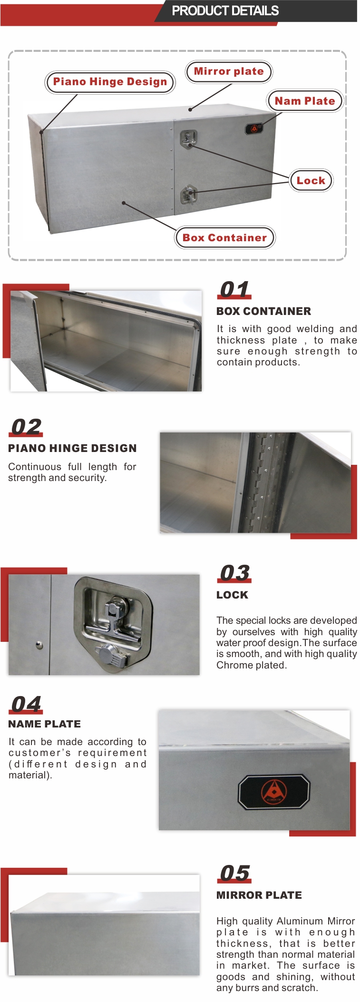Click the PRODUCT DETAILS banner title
pos(225,11)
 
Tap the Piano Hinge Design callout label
pos(110,82)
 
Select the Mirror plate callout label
pos(229,72)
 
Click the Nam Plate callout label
pos(305,101)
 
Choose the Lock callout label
pos(311,180)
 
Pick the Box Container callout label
pos(225,238)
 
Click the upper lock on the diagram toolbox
pos(188,139)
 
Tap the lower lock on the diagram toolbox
pos(188,195)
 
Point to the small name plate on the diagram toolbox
pos(254,128)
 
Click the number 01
pos(234,289)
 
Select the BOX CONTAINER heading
pos(263,311)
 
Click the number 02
pos(26,427)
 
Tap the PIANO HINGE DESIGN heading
pos(72,448)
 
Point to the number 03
pos(235,573)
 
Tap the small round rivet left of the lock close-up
pos(39,645)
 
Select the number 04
pos(26,704)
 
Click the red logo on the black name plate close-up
pos(274,791)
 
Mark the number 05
pos(235,874)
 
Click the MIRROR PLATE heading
pos(259,895)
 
